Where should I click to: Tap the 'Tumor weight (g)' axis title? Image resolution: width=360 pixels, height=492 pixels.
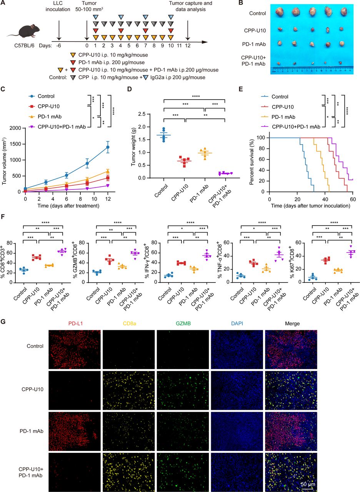pos(133,146)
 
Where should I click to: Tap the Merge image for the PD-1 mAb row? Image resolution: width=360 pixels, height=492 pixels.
pos(291,431)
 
